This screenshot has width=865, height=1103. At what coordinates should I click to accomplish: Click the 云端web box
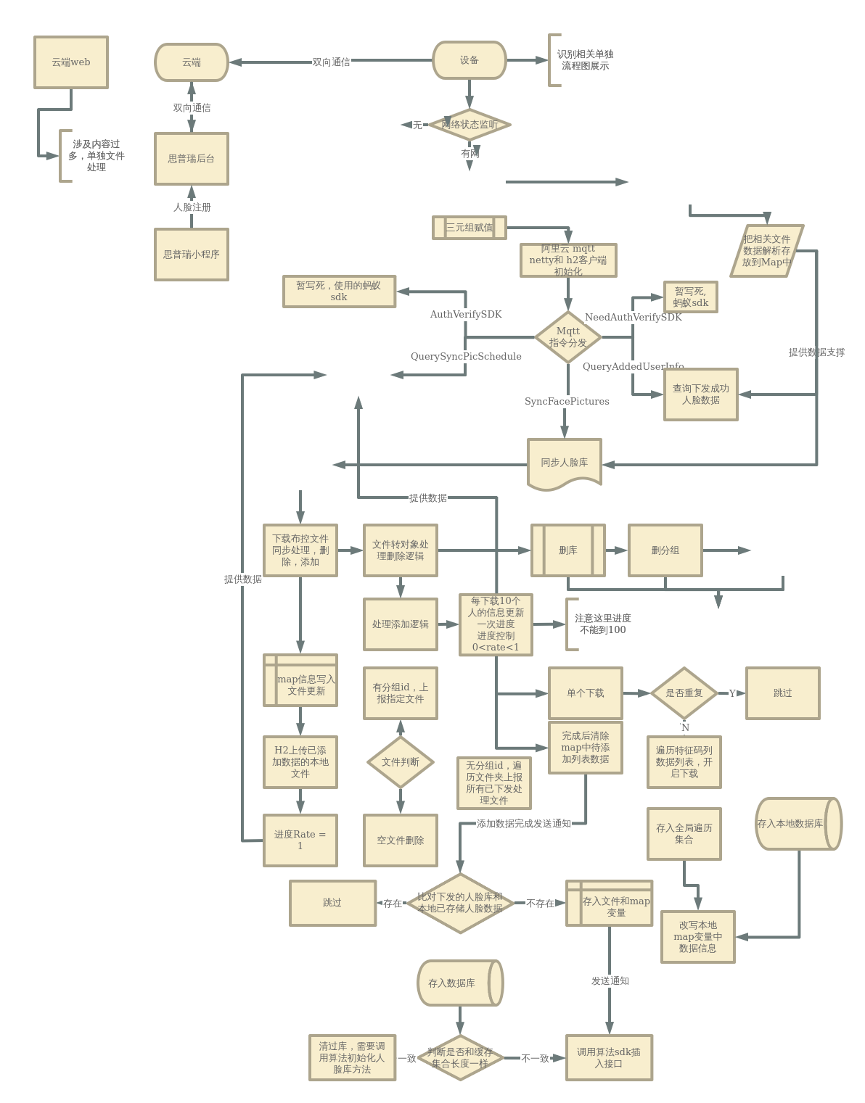(x=71, y=62)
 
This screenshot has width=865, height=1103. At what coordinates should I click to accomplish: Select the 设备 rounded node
(x=470, y=60)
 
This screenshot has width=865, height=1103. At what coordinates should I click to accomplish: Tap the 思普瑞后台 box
(x=192, y=159)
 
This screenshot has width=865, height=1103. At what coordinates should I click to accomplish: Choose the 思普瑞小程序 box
(x=192, y=255)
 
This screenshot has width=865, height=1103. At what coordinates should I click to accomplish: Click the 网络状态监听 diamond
(x=470, y=125)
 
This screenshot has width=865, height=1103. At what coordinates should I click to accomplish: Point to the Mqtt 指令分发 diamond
(x=568, y=337)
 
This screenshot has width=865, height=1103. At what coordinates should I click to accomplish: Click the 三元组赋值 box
(x=470, y=227)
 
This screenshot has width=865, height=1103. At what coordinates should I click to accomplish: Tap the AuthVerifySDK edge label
(x=466, y=315)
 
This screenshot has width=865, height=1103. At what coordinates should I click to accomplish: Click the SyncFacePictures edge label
(x=567, y=402)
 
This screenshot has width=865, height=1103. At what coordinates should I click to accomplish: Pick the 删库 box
(x=568, y=550)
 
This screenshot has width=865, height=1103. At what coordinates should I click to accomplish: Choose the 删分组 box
(x=665, y=550)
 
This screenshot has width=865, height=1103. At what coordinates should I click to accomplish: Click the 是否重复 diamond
(x=684, y=693)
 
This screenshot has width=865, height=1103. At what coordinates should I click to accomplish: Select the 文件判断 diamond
(x=401, y=762)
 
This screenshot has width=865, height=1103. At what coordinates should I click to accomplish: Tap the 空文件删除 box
(x=401, y=840)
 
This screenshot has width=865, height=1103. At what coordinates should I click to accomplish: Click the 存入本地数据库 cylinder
(x=798, y=824)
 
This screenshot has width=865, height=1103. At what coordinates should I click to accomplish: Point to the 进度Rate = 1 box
(x=300, y=840)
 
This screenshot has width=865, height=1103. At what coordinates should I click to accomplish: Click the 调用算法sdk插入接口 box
(x=609, y=1058)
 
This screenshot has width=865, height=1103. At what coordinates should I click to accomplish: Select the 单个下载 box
(x=586, y=693)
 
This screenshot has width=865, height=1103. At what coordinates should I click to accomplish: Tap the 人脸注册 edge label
(x=192, y=207)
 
